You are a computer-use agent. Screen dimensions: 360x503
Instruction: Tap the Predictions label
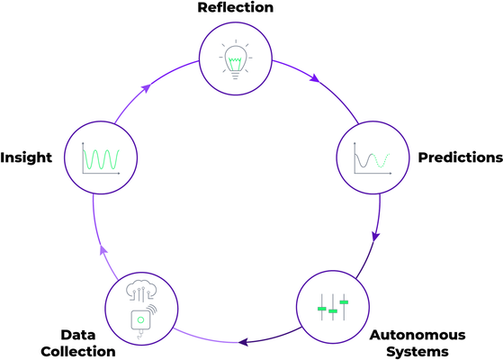tap(460, 157)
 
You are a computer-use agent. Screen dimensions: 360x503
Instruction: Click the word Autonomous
tap(418, 335)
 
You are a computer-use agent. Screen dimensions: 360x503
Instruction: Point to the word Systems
tap(418, 351)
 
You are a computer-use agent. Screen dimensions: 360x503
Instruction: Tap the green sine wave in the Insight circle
tap(100, 160)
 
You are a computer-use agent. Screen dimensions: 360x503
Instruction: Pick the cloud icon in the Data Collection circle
tap(139, 290)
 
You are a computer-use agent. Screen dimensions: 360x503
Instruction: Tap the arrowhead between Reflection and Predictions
tap(313, 79)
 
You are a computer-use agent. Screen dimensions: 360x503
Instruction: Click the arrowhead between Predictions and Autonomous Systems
tap(375, 237)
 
